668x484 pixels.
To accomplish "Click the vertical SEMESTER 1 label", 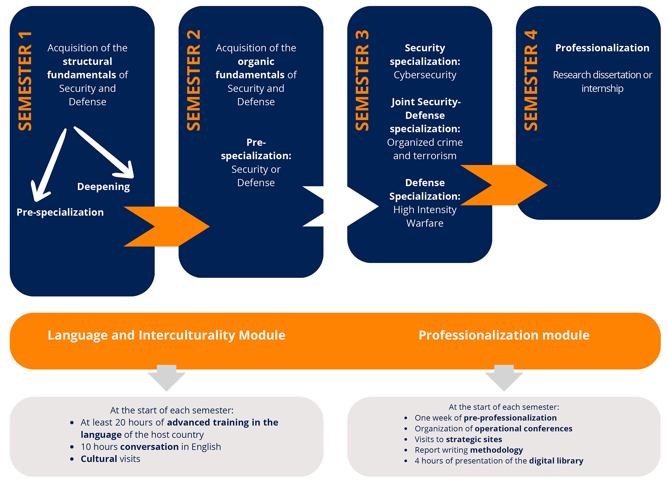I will pos(25,81).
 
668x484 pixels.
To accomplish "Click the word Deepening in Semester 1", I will pos(103,187).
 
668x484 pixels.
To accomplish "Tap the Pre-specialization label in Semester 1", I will pos(60,212).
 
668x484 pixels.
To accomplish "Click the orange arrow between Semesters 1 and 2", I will pos(166,227).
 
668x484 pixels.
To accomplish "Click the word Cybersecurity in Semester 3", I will pos(425,75).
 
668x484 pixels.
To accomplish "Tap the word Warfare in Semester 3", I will pos(425,223).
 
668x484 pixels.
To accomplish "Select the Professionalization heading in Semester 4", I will pos(602,48).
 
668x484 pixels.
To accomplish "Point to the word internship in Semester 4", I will pos(602,89).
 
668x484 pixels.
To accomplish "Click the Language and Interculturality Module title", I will pos(166,335).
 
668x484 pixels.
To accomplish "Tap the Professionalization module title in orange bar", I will pos(504,335).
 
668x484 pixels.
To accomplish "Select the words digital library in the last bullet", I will pos(556,461).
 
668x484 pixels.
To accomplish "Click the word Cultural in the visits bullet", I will pos(99,459).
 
